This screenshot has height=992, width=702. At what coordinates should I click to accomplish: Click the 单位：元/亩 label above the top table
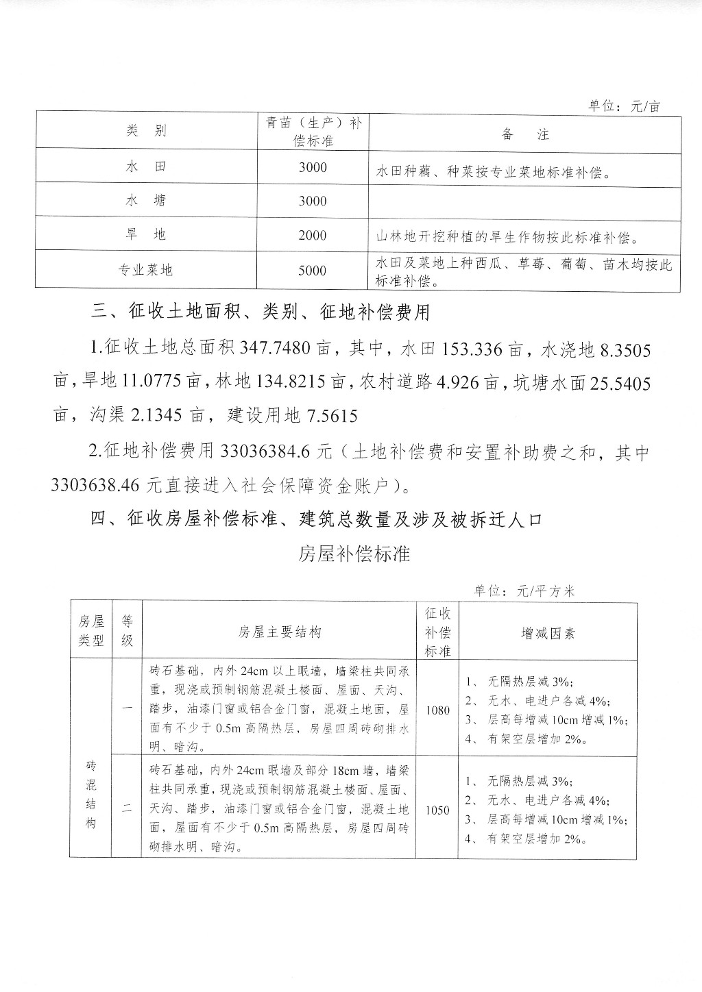point(624,106)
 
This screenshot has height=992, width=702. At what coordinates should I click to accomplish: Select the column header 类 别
point(147,131)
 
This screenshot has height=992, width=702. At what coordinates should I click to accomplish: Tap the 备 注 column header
point(525,134)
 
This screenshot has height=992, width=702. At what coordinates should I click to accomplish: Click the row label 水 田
point(147,166)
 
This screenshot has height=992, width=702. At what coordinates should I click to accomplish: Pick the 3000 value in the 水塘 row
point(313,201)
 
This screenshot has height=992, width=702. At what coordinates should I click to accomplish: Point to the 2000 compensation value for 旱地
point(313,236)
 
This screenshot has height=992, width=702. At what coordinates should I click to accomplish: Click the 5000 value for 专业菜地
point(313,271)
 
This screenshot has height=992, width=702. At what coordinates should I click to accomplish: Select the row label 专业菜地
point(147,270)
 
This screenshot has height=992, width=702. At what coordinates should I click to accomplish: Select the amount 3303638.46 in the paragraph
point(99,486)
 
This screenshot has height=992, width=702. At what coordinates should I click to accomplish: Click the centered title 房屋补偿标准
point(354,554)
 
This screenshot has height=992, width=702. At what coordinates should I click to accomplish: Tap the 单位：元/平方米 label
point(524,591)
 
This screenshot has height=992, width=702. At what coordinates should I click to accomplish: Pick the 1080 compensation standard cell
point(437,710)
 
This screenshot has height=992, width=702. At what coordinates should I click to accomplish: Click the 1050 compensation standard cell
point(437,810)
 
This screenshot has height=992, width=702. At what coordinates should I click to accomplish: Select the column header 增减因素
point(548,633)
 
